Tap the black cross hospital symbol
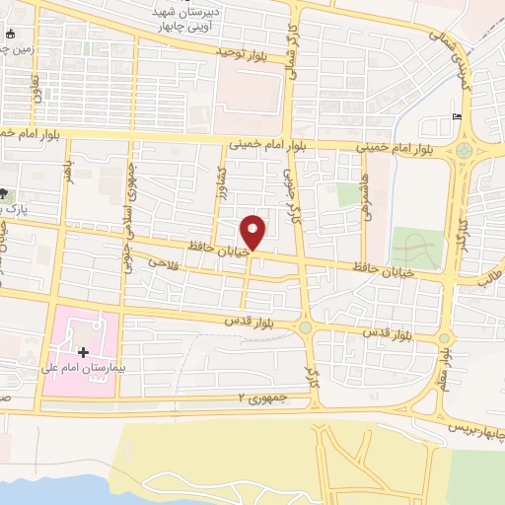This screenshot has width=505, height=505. pos(83,352)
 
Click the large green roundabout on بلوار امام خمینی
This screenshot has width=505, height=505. pos(463,151)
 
